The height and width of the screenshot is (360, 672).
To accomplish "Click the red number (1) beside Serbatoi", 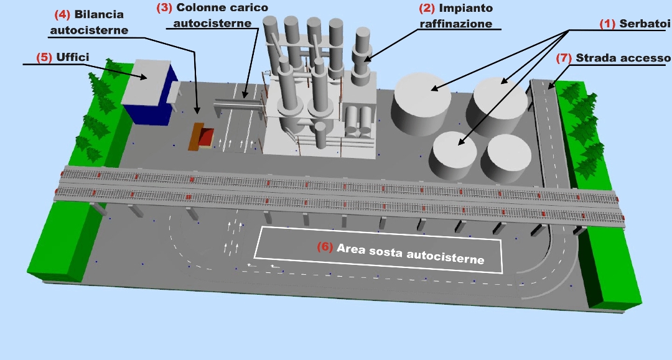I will coord(607,24).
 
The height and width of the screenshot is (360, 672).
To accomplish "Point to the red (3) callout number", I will coord(165,8).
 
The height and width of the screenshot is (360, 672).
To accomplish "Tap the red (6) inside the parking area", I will coord(325,247).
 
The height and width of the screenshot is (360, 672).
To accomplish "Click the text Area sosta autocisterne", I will coord(411,253).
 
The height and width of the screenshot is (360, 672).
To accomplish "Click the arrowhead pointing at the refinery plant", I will coord(368,60).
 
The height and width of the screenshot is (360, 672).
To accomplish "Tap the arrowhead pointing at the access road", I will coord(549,86).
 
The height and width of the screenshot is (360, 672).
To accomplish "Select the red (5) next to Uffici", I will coord(44,57).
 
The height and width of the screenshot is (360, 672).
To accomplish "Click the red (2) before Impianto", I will coord(427,8).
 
